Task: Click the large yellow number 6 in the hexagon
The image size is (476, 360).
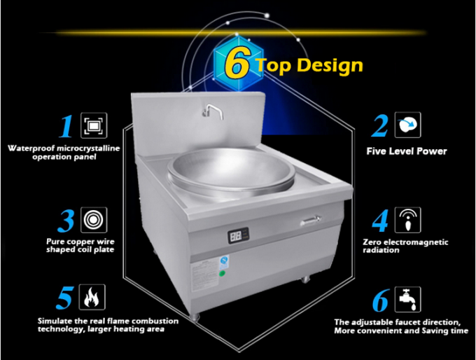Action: tap(237, 64)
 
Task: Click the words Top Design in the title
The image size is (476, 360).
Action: tap(309, 66)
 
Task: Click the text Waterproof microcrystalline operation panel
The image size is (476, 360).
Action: tap(63, 153)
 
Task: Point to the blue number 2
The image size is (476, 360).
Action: tap(380, 126)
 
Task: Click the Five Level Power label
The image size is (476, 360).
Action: tap(407, 151)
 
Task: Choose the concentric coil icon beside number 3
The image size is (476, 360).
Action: tap(91, 219)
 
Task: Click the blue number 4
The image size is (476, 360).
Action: tap(380, 221)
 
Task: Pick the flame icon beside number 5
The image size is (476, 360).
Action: tap(91, 297)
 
